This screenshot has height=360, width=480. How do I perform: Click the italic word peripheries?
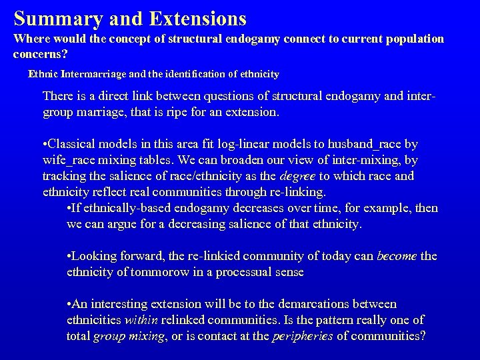coord(303,335)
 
